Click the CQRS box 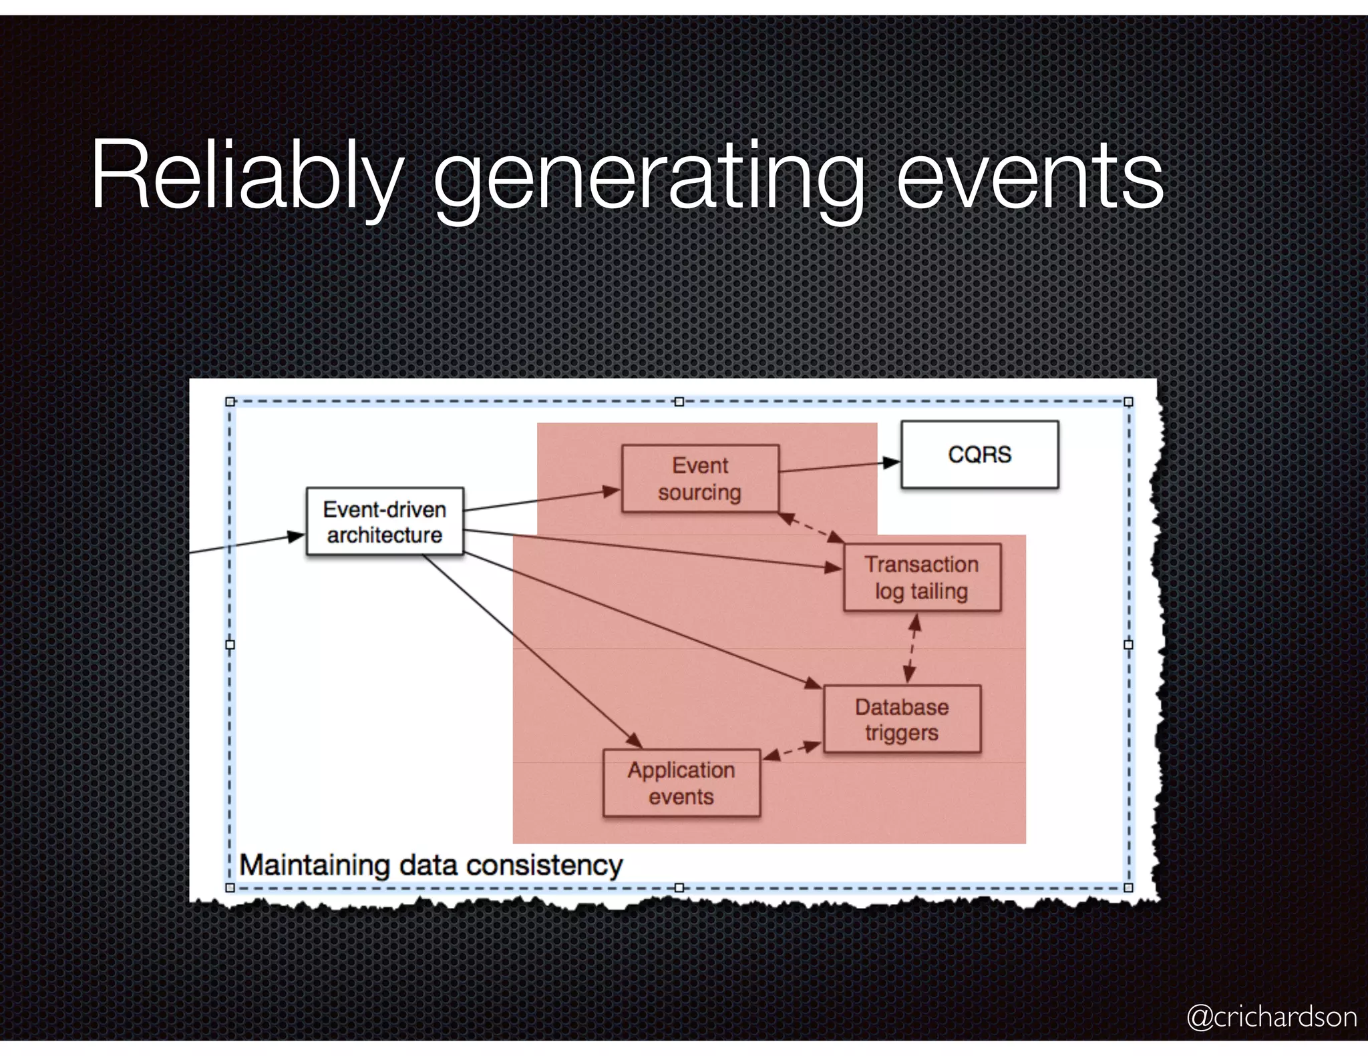(x=979, y=455)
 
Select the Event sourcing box (x=700, y=479)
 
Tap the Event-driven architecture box (x=385, y=521)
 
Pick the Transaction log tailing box (x=922, y=577)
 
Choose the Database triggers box (x=902, y=719)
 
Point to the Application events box (x=681, y=782)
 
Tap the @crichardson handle (x=1271, y=1017)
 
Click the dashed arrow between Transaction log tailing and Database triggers (x=912, y=647)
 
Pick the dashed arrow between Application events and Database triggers (x=792, y=750)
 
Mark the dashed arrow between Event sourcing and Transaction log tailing (x=812, y=527)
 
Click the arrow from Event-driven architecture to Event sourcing (x=542, y=501)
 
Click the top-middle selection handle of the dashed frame (x=679, y=402)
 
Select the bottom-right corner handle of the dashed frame (x=1128, y=887)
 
